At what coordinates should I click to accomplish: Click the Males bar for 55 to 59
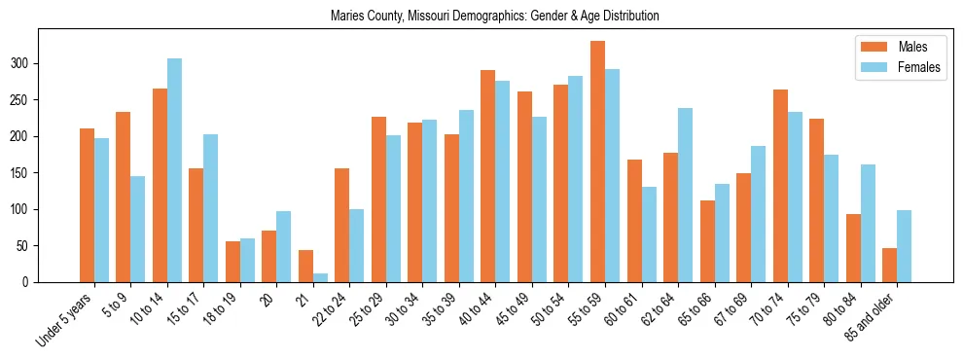click(x=597, y=162)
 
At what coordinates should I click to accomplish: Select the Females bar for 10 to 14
click(x=174, y=170)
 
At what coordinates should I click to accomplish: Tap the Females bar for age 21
click(x=320, y=277)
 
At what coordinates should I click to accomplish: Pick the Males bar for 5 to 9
click(x=123, y=197)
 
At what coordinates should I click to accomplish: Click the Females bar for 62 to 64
click(x=685, y=195)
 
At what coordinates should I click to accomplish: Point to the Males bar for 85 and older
click(x=889, y=265)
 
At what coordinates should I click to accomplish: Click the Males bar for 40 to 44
click(x=487, y=176)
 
